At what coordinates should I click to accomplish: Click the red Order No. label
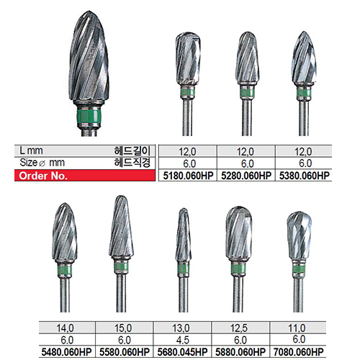pos(43,176)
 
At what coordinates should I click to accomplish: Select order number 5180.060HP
pos(188,176)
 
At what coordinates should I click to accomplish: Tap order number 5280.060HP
pos(246,176)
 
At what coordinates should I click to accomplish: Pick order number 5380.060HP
pos(305,176)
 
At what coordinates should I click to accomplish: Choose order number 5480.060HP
pos(66,352)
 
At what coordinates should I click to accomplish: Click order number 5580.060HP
pos(125,352)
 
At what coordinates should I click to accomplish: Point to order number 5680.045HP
pos(182,352)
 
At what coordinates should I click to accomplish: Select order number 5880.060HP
pos(240,352)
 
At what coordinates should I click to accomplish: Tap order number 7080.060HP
pos(299,352)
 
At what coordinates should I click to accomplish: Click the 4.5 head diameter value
pos(183,340)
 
